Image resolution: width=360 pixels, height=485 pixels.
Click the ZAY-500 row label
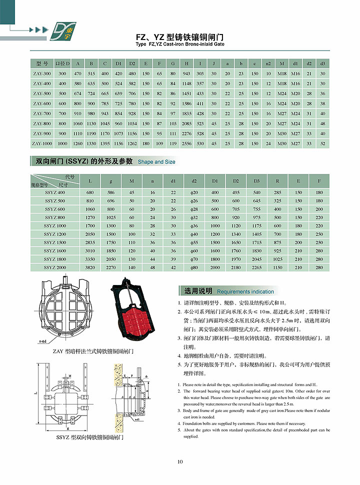coord(41,93)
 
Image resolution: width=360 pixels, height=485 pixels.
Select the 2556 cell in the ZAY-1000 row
coord(186,144)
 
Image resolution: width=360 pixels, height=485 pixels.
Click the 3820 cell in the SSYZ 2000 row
coord(90,267)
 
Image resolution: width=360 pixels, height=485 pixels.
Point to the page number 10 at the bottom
coord(180,461)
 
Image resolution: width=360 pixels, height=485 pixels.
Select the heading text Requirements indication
coord(245,291)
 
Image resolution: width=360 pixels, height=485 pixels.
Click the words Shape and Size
coord(156,162)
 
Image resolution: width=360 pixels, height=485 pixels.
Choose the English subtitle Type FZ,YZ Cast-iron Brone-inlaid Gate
coord(180,44)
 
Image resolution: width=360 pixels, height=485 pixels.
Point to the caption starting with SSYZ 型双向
coord(89,437)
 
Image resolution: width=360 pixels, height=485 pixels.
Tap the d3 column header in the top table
coord(322,63)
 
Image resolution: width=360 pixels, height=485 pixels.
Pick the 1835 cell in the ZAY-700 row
coord(186,113)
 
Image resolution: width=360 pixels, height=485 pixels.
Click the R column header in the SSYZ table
coord(277,180)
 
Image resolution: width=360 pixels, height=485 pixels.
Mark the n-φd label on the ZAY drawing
coord(43,341)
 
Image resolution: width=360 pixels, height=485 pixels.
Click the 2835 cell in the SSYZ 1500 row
coord(90,242)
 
